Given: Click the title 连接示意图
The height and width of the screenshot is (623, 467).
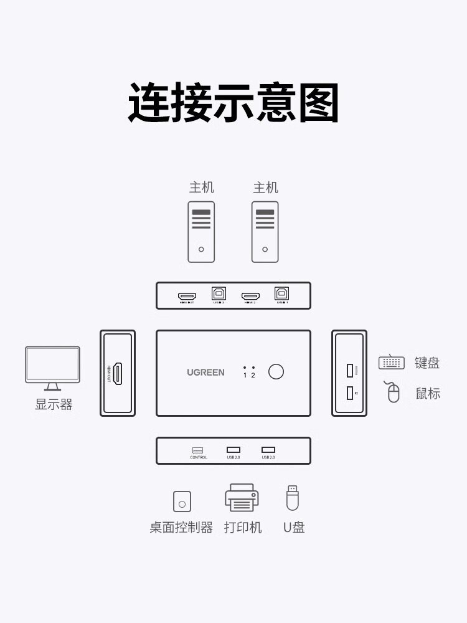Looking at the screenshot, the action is click(233, 103).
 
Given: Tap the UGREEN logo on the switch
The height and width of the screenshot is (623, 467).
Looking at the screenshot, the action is click(205, 373).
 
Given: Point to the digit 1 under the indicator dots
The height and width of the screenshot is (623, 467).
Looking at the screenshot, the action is click(245, 376).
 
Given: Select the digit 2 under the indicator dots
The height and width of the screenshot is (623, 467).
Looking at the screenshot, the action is click(253, 376).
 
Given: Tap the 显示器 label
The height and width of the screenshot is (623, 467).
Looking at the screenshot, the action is click(54, 405).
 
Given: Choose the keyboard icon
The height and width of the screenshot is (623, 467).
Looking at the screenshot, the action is click(391, 362).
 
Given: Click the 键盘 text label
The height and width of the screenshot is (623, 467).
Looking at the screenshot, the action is click(427, 363).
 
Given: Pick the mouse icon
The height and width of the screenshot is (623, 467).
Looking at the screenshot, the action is click(393, 392).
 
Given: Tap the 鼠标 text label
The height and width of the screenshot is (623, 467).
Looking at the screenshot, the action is click(428, 394).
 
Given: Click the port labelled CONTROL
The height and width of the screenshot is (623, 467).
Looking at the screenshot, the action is click(198, 450).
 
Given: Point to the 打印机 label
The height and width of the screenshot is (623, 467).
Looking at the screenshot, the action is click(243, 528).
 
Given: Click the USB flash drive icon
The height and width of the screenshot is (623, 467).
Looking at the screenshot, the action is click(292, 498).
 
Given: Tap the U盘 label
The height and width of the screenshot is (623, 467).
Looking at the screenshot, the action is click(294, 528).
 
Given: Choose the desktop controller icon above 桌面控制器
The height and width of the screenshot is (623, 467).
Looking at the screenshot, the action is click(182, 502).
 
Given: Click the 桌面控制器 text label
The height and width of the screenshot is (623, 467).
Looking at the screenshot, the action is click(181, 528).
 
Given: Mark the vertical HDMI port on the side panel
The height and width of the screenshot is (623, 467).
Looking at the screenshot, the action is click(117, 373).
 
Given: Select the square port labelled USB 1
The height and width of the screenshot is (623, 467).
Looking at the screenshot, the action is click(281, 293).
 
